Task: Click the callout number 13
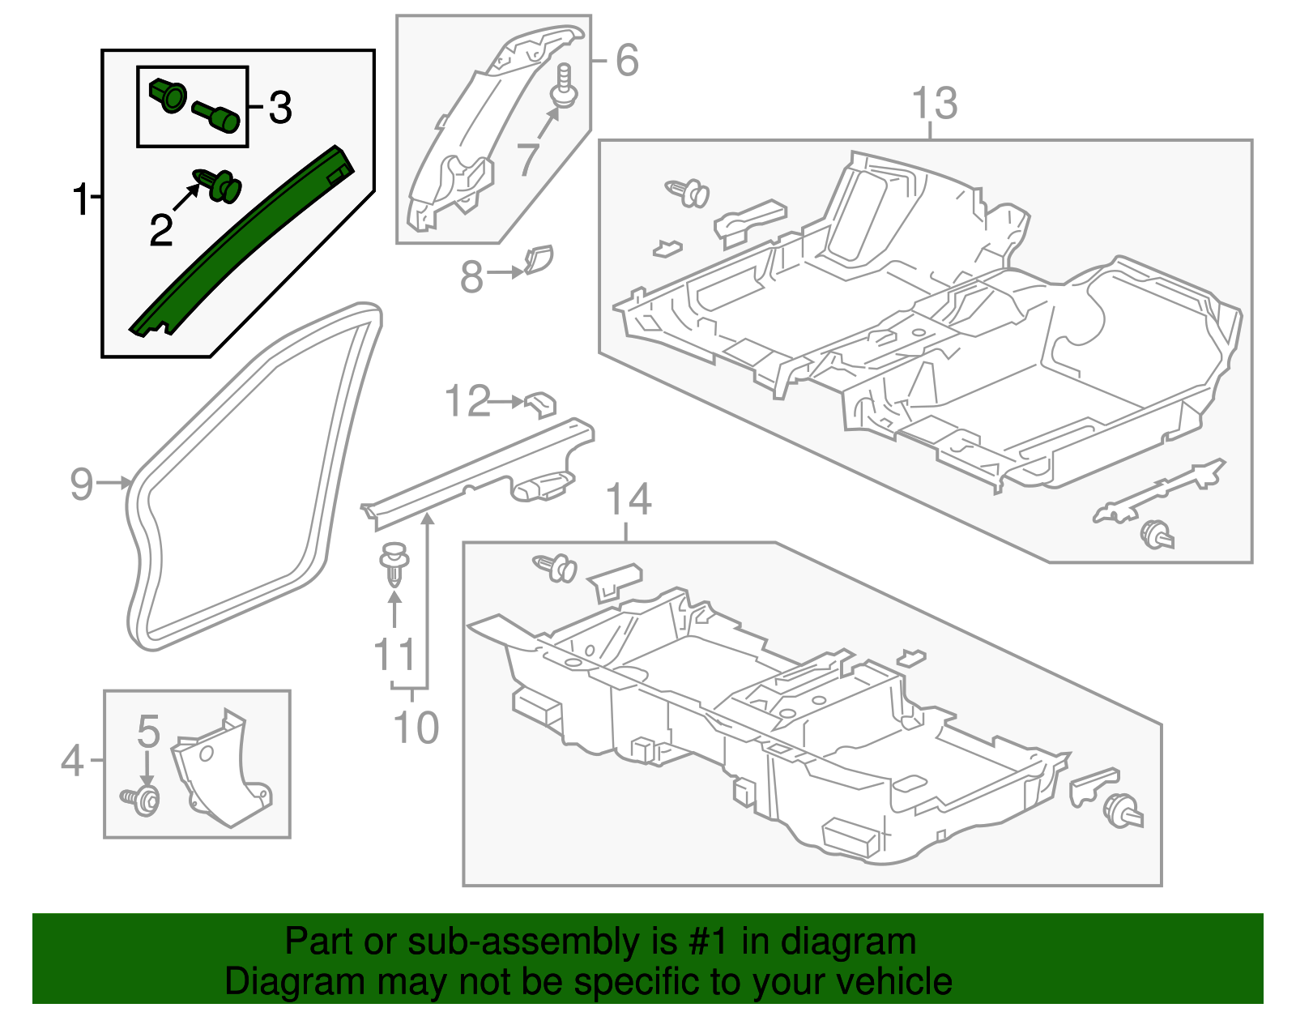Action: [934, 104]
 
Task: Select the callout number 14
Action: [628, 499]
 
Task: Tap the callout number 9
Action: [81, 484]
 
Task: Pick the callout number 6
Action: [627, 60]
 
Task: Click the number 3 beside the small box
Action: [279, 108]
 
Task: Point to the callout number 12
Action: [468, 401]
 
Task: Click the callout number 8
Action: [471, 276]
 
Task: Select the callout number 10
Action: [416, 727]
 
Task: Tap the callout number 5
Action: [148, 731]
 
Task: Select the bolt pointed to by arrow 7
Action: [564, 88]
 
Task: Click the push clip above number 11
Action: [394, 562]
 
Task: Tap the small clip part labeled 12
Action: [542, 403]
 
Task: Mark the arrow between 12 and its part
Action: [509, 401]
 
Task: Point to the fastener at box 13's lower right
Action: [1156, 536]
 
